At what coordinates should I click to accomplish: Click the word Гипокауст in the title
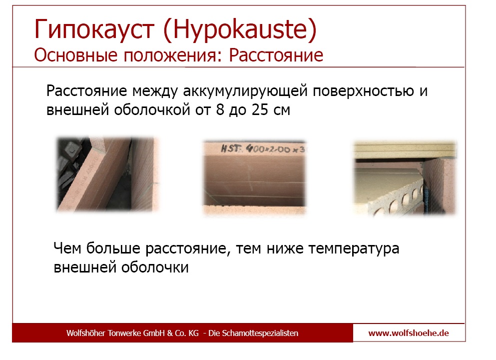click(94, 29)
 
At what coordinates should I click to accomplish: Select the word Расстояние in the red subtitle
click(276, 55)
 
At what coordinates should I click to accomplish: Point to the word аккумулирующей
click(245, 91)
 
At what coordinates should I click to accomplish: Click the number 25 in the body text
click(260, 109)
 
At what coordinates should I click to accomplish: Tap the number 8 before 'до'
click(220, 109)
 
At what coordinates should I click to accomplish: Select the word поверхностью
click(364, 91)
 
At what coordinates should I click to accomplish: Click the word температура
click(354, 248)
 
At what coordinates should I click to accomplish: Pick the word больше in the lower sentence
click(113, 248)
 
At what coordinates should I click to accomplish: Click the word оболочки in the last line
click(155, 267)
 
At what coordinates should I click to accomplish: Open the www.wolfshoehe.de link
click(409, 333)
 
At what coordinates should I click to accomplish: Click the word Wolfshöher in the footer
click(86, 333)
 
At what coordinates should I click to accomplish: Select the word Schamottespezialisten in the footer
click(260, 333)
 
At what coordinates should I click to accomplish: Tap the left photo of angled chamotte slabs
click(108, 174)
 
